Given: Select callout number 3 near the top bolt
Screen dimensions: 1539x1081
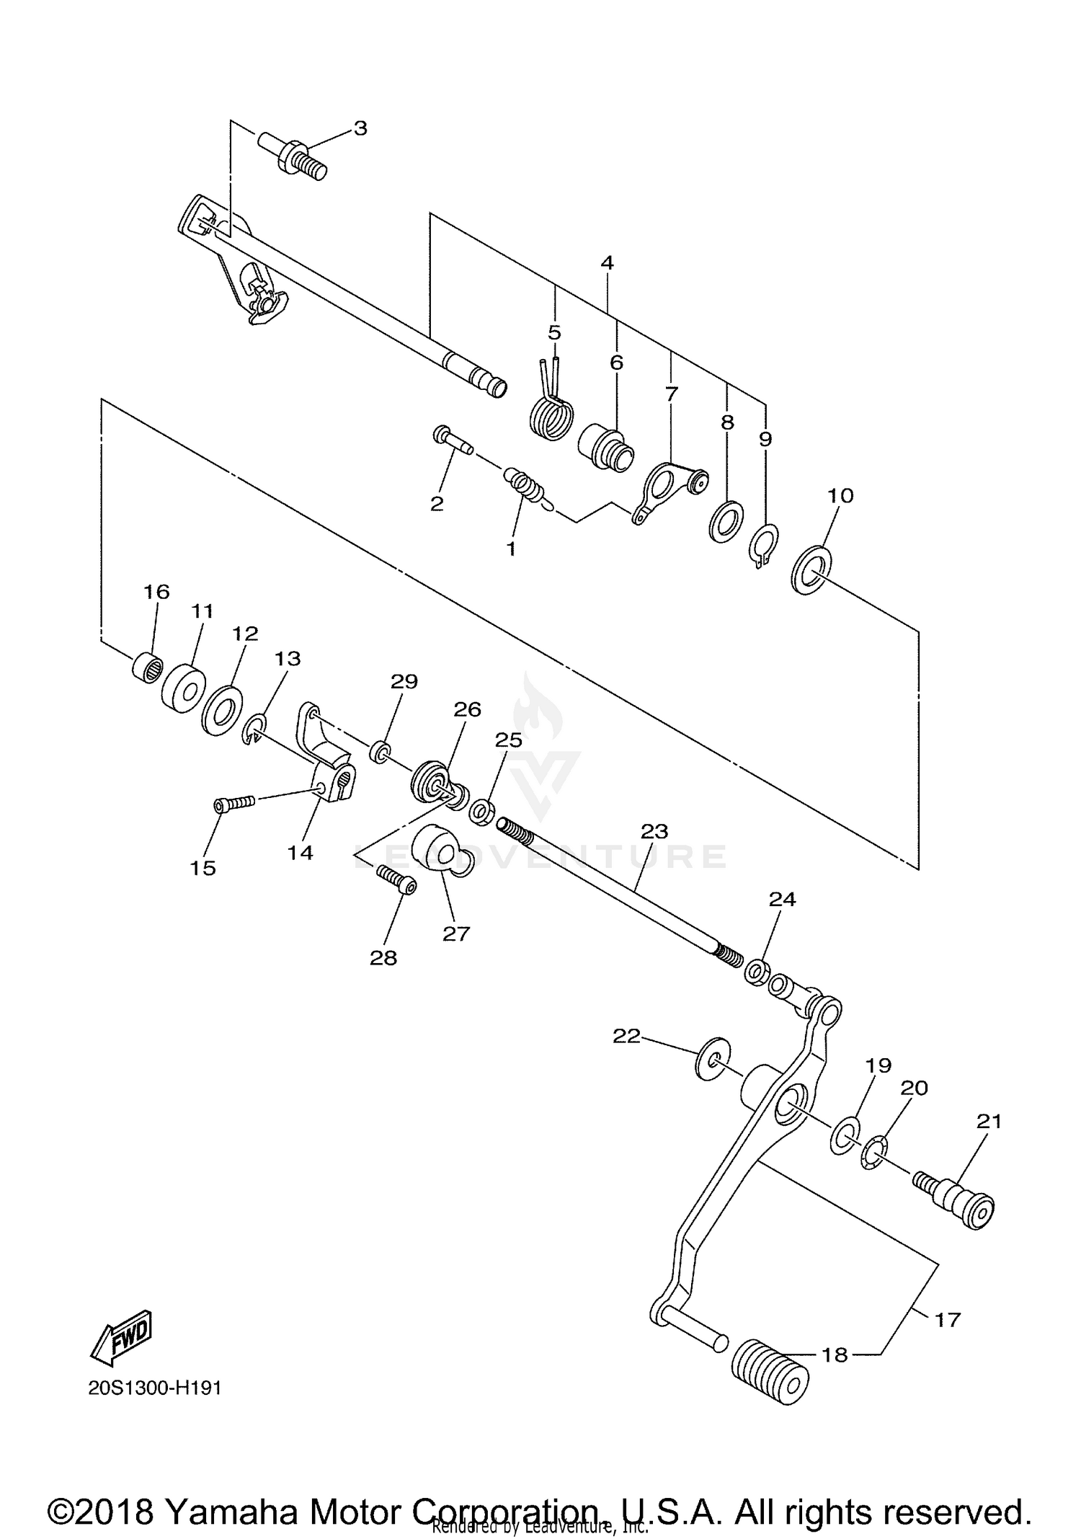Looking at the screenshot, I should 360,128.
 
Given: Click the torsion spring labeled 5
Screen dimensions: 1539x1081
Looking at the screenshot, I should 552,414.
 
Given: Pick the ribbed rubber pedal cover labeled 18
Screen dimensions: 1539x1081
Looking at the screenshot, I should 770,1371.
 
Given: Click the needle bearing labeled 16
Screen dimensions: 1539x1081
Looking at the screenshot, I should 147,668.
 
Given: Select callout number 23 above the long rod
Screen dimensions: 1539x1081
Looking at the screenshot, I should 654,831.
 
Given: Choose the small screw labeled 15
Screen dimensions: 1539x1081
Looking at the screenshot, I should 234,802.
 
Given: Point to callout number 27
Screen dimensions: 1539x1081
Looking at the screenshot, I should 455,933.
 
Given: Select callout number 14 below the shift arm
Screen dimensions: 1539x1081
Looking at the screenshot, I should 300,852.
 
